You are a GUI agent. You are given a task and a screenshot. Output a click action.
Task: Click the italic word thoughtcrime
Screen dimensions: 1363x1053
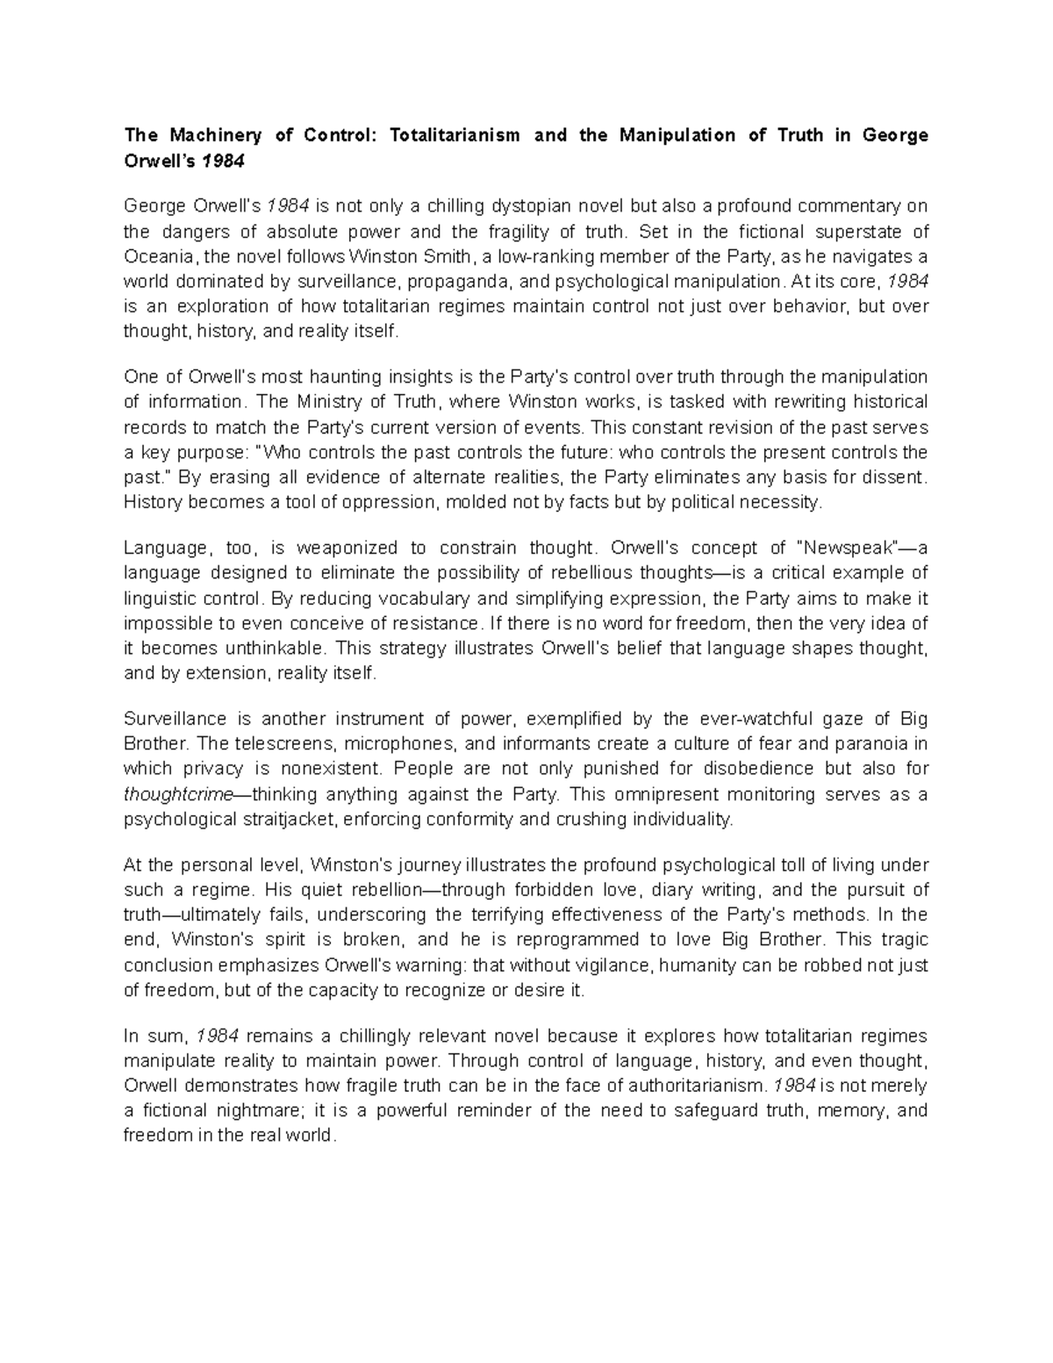pyautogui.click(x=175, y=795)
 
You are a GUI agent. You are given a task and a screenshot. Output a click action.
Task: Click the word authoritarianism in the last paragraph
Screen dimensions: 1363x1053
pyautogui.click(x=688, y=1086)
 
